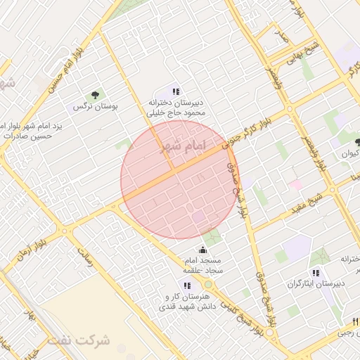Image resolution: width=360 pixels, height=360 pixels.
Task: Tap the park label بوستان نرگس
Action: pyautogui.click(x=94, y=107)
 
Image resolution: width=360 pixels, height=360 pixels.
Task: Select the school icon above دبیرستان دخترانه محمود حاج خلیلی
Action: pyautogui.click(x=176, y=91)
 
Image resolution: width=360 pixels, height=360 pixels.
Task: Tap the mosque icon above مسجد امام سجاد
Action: pyautogui.click(x=203, y=249)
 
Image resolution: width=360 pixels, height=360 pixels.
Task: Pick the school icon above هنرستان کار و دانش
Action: pyautogui.click(x=186, y=285)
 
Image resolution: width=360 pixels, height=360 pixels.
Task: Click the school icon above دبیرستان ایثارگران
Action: pyautogui.click(x=316, y=273)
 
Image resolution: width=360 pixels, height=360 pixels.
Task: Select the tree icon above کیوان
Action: pyautogui.click(x=357, y=142)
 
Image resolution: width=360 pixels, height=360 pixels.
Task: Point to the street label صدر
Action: pyautogui.click(x=281, y=34)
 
